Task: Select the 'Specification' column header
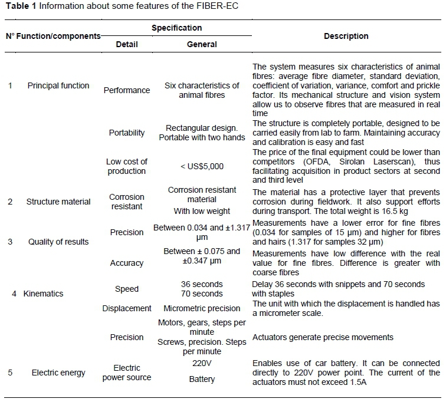click(176, 28)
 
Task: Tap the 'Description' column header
click(346, 36)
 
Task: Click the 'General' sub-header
click(202, 44)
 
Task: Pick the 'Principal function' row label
click(58, 85)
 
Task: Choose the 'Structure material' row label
click(58, 202)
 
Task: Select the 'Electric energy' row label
click(58, 373)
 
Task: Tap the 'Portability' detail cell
click(127, 133)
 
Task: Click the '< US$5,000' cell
click(202, 166)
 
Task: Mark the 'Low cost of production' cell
click(127, 166)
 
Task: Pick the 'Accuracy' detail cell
click(127, 263)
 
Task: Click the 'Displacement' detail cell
click(127, 308)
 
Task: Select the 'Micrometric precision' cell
click(202, 308)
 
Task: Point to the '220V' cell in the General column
click(202, 364)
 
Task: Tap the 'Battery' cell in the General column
click(202, 380)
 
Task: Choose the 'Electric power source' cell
click(127, 373)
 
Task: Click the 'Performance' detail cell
click(127, 90)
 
